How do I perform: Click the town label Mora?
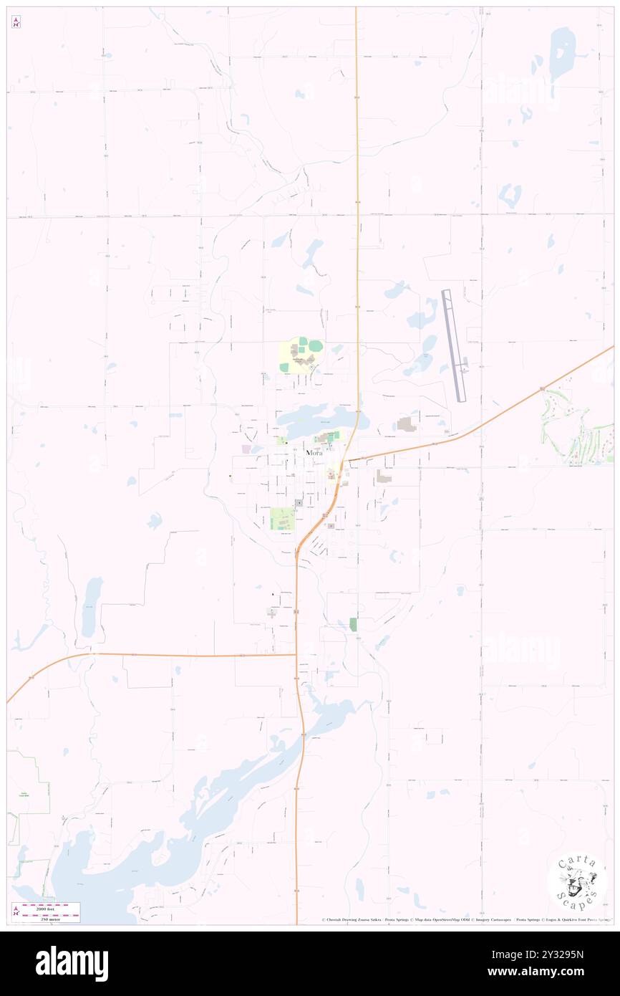click(314, 453)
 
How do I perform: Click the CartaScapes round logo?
click(577, 883)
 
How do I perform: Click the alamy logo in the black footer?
click(72, 963)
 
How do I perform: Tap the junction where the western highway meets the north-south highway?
click(296, 654)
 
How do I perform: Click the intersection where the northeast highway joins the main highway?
click(347, 461)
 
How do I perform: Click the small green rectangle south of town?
click(353, 624)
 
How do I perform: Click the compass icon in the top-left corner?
click(16, 22)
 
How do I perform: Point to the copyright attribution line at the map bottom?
click(465, 919)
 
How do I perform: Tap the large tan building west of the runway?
click(407, 424)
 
